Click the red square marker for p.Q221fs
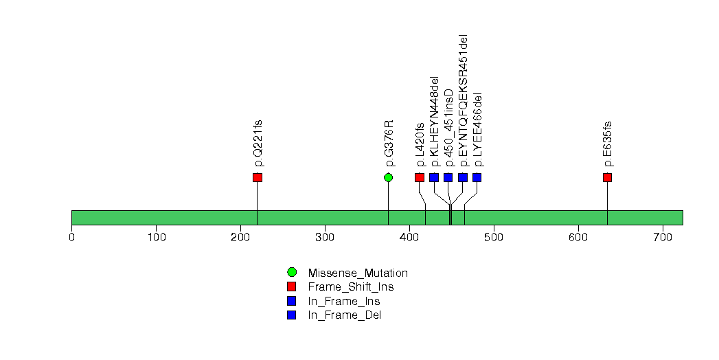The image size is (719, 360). click(x=258, y=177)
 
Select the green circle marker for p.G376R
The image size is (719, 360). click(x=389, y=177)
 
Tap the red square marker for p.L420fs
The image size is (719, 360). click(x=420, y=177)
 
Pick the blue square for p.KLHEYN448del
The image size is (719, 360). click(x=434, y=177)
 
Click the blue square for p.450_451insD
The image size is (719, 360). click(x=448, y=177)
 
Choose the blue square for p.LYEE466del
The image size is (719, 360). click(x=477, y=177)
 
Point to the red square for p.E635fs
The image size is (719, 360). click(x=608, y=177)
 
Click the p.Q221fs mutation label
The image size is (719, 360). click(x=258, y=143)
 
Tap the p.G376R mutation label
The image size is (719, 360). click(x=389, y=143)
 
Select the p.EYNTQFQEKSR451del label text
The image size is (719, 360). click(x=464, y=100)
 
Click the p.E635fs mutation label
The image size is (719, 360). click(x=608, y=144)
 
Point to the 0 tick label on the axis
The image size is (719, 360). click(x=72, y=237)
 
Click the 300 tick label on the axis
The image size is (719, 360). click(x=325, y=237)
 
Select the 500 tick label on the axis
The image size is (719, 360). click(x=494, y=237)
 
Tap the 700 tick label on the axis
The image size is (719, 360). click(x=663, y=237)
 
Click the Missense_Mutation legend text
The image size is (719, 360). click(x=358, y=273)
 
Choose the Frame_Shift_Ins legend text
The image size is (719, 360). click(x=351, y=287)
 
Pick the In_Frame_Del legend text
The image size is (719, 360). click(x=344, y=315)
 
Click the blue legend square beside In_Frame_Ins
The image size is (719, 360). click(x=292, y=301)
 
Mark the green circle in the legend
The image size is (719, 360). click(x=292, y=273)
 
